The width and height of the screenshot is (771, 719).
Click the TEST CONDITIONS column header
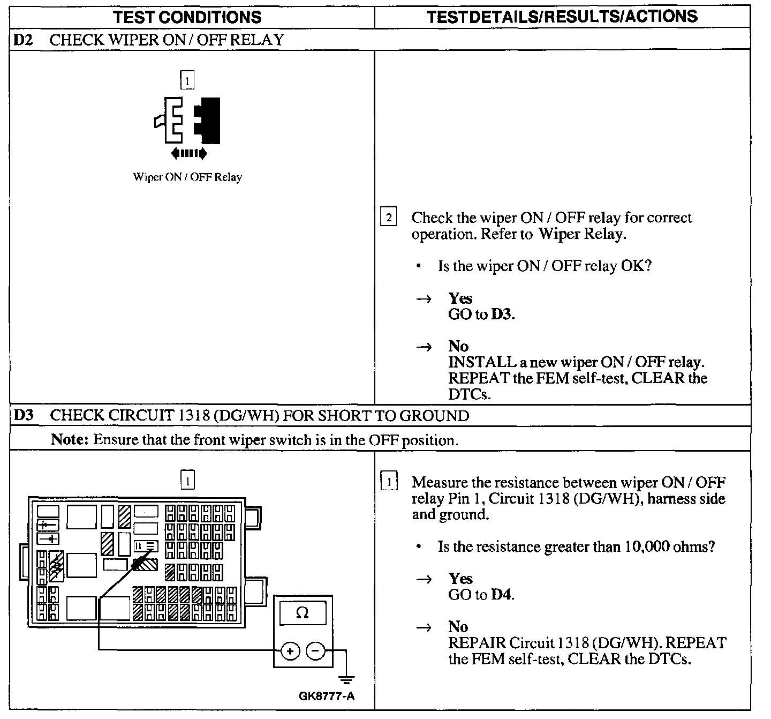(187, 17)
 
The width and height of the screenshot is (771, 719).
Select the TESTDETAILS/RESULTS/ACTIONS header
(562, 17)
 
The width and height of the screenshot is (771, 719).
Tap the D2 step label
(22, 40)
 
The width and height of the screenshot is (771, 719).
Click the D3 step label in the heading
(22, 416)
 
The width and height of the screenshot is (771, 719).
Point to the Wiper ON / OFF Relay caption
(187, 177)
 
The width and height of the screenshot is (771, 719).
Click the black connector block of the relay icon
(208, 121)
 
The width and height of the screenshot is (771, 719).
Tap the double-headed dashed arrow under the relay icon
(188, 154)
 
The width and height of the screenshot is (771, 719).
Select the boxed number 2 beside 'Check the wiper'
(388, 218)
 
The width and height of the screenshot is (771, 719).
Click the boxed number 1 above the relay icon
(187, 81)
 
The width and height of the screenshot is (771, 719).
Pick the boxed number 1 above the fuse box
(187, 480)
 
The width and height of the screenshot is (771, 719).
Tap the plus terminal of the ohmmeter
(290, 651)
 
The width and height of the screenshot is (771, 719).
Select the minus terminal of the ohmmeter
(316, 651)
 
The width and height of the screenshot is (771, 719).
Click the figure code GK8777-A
(327, 696)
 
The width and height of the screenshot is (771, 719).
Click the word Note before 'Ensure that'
(70, 440)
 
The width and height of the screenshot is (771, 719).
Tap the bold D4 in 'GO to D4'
(501, 595)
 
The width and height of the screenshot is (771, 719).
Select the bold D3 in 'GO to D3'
(502, 314)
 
